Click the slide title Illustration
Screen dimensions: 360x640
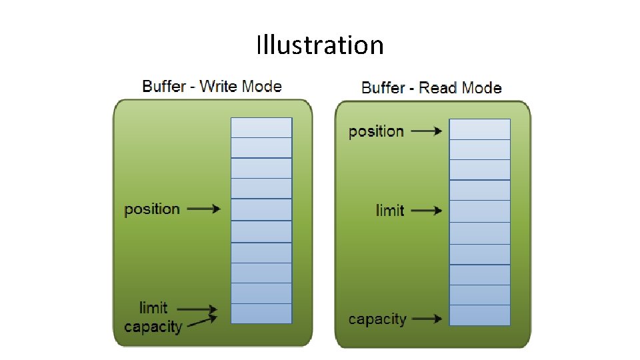click(320, 45)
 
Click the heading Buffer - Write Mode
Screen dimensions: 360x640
click(212, 86)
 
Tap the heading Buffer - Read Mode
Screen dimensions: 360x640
click(431, 87)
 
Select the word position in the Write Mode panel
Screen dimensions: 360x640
click(152, 209)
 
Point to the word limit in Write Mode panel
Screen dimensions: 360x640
click(153, 308)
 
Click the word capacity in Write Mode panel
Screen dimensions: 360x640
click(153, 327)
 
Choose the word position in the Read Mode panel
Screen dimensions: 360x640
click(376, 131)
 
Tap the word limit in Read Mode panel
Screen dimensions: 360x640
click(390, 211)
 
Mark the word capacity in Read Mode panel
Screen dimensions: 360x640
click(377, 319)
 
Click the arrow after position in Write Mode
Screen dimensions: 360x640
click(203, 209)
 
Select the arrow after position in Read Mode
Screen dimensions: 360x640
click(426, 131)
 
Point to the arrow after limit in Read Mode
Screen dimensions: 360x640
click(426, 211)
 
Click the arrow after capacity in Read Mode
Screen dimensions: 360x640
click(426, 319)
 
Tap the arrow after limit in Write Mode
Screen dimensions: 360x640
click(197, 309)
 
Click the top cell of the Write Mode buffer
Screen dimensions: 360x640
click(261, 127)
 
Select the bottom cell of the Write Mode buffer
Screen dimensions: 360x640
click(261, 313)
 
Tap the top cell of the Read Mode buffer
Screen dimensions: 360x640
click(479, 129)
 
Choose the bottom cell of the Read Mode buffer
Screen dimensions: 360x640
click(479, 315)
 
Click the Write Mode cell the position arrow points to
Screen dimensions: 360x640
click(261, 210)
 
